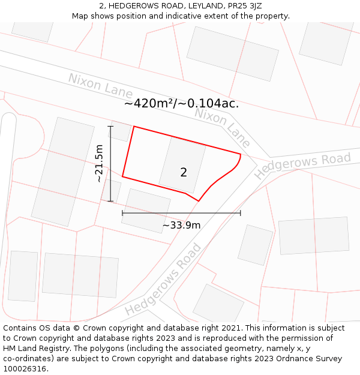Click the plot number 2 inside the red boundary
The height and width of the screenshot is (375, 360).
[184, 172]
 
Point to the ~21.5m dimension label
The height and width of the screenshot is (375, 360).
[99, 163]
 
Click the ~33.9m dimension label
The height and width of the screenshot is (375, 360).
[181, 226]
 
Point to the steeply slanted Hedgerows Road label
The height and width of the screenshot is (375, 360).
[163, 280]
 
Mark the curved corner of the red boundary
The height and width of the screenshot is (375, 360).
[235, 167]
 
